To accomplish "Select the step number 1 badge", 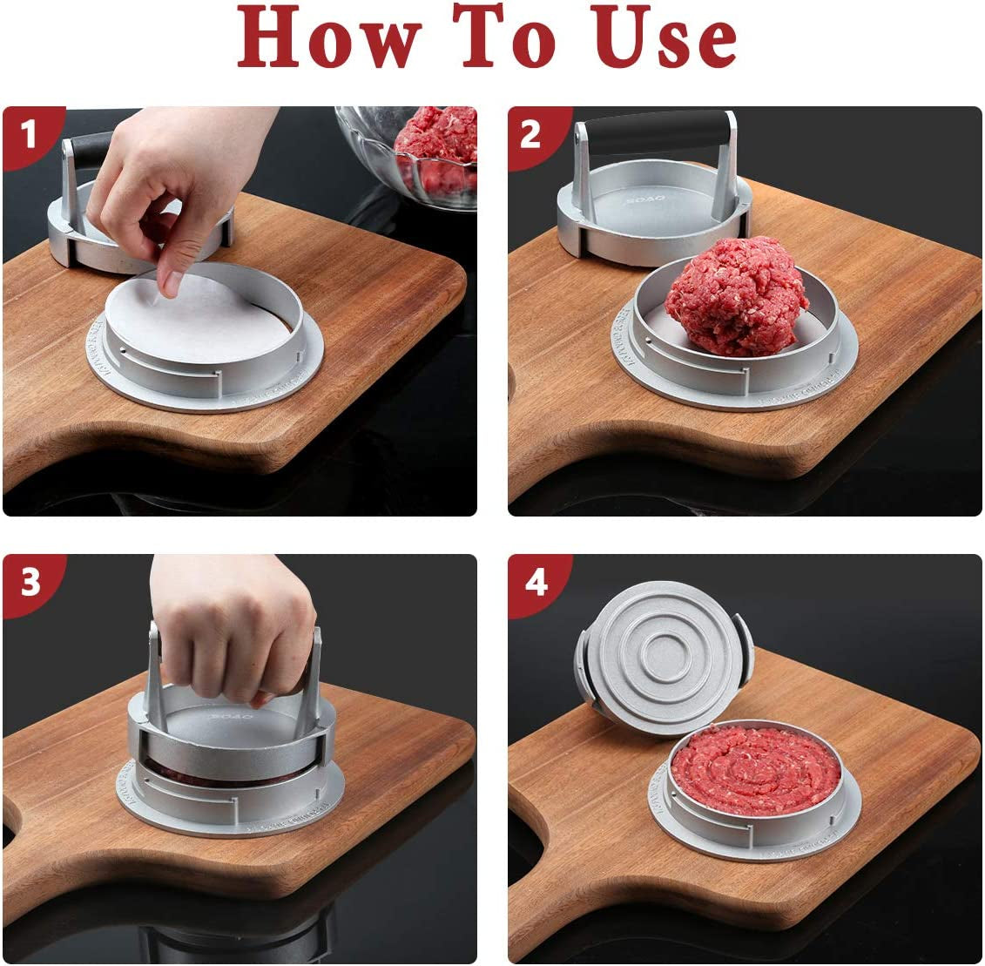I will (30, 134).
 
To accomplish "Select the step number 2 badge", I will (532, 134).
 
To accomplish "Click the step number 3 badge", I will (30, 582).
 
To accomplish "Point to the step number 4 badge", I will (534, 582).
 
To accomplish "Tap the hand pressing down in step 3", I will (231, 632).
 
